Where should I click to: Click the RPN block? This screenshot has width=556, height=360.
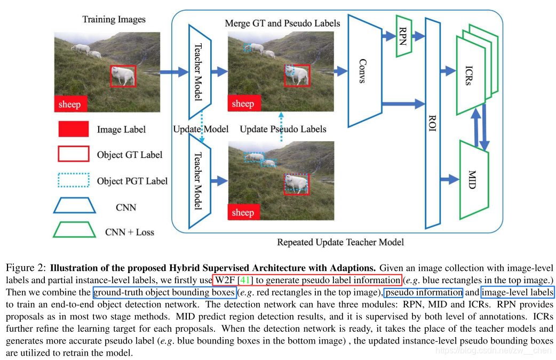404,35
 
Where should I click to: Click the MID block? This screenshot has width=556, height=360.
473,179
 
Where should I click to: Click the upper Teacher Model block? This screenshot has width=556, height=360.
198,72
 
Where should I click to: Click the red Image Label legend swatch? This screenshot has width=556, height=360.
73,129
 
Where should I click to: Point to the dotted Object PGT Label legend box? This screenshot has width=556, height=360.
73,180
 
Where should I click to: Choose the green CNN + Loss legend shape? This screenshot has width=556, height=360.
73,231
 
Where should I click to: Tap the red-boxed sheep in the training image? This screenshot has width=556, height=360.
123,76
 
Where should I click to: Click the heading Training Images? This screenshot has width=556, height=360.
114,20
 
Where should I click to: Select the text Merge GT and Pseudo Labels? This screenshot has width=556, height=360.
282,23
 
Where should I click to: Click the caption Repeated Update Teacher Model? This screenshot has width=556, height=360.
340,243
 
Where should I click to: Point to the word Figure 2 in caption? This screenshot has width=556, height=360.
24,267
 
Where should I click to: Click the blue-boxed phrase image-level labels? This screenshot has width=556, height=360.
518,292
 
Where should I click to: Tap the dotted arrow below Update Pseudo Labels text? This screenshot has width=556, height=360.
281,127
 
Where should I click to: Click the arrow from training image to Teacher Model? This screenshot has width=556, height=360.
172,71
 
